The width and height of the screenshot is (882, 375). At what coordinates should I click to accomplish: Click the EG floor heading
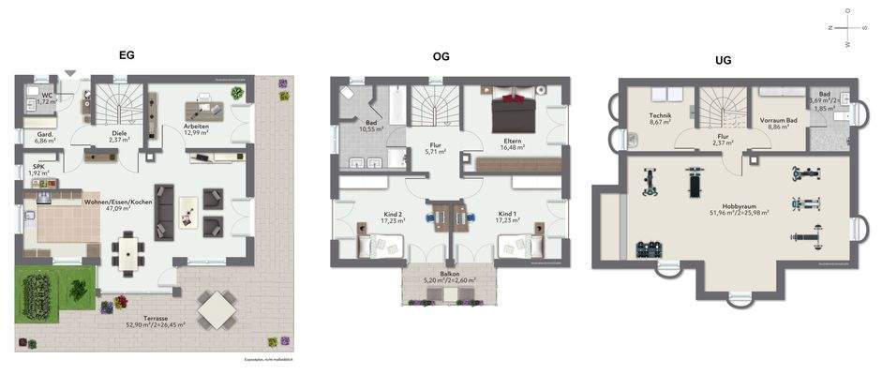coord(127,54)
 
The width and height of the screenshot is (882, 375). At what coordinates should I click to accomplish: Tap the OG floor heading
coord(441,56)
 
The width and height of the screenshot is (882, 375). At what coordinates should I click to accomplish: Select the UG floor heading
coord(723,60)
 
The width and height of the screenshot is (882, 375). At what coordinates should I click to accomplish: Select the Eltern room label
coord(512,143)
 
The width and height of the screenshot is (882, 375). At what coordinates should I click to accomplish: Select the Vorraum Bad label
coord(778,122)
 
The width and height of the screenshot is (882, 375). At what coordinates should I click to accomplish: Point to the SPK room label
coord(37,170)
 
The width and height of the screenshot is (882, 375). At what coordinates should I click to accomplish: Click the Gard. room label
coord(44,137)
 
